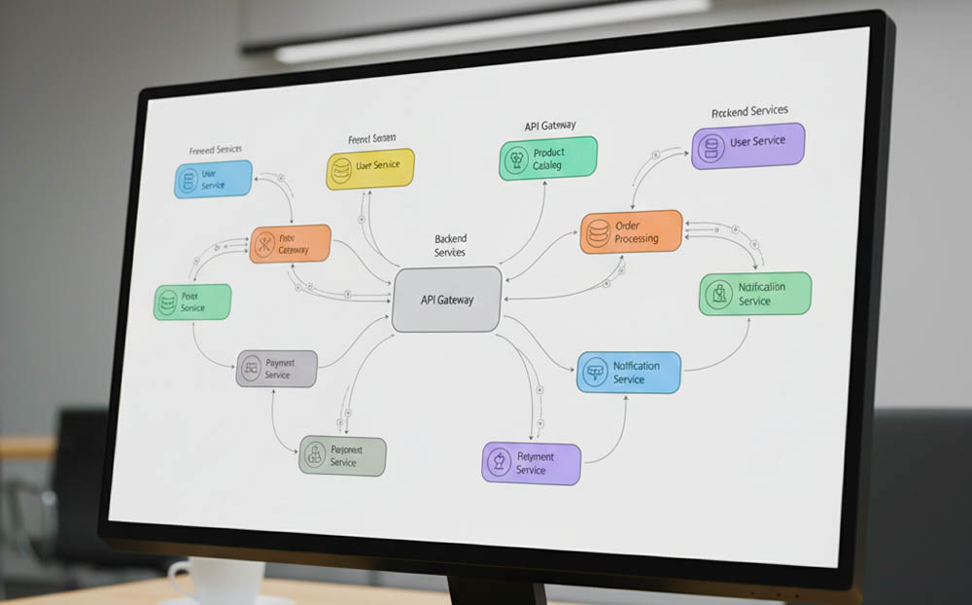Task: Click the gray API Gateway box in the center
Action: [447, 299]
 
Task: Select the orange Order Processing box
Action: [632, 232]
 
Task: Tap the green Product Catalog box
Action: [548, 159]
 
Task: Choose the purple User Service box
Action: [748, 145]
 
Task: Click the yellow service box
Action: [369, 168]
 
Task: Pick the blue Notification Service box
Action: [628, 373]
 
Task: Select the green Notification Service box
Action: [755, 294]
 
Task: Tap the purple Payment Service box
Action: [532, 463]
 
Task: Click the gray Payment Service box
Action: [276, 369]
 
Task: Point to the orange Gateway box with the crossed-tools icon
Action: [290, 244]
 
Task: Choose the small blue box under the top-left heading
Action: [213, 180]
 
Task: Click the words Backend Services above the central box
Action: [450, 245]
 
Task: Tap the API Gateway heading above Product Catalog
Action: [549, 125]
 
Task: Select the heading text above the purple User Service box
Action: [749, 112]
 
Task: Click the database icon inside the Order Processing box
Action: [597, 231]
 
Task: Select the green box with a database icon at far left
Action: [192, 302]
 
